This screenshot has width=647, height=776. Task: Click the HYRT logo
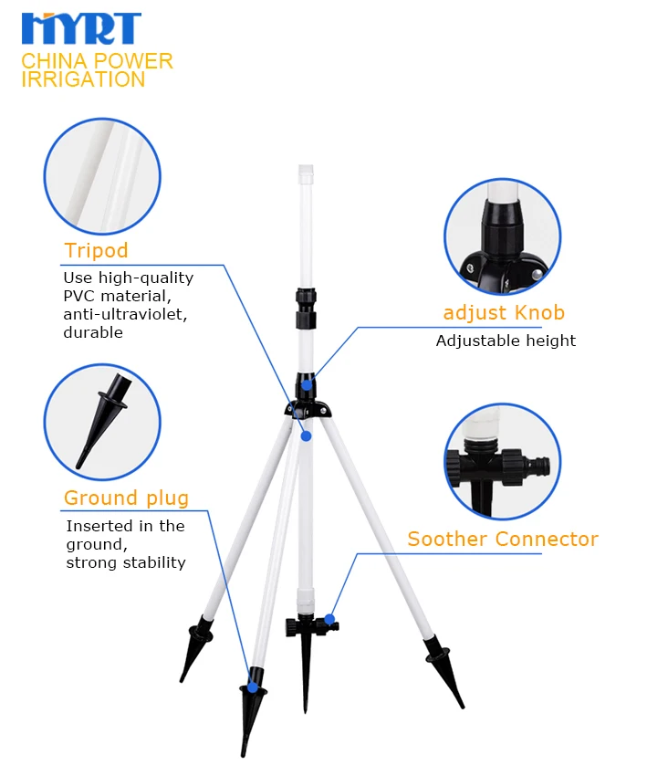(x=81, y=29)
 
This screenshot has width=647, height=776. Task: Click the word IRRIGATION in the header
(x=83, y=79)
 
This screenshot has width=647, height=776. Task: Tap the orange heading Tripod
(x=96, y=250)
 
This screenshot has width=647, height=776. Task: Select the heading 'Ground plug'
(x=126, y=498)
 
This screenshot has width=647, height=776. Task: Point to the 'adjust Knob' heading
(x=504, y=313)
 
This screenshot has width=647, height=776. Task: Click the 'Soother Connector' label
(x=502, y=539)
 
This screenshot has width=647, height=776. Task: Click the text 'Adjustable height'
(x=506, y=341)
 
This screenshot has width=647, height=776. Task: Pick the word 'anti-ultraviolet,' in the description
(x=120, y=314)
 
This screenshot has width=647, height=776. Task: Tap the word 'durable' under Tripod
(x=93, y=332)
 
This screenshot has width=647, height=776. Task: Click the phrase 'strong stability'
(x=126, y=562)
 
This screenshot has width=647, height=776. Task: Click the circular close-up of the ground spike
(x=101, y=421)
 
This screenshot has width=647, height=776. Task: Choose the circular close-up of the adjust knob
(x=501, y=236)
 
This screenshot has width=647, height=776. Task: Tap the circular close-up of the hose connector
(x=501, y=461)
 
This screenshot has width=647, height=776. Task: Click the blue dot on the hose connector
(x=329, y=620)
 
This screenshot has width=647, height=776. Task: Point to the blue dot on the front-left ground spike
(x=254, y=686)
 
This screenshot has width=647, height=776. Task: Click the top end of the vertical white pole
(x=306, y=169)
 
